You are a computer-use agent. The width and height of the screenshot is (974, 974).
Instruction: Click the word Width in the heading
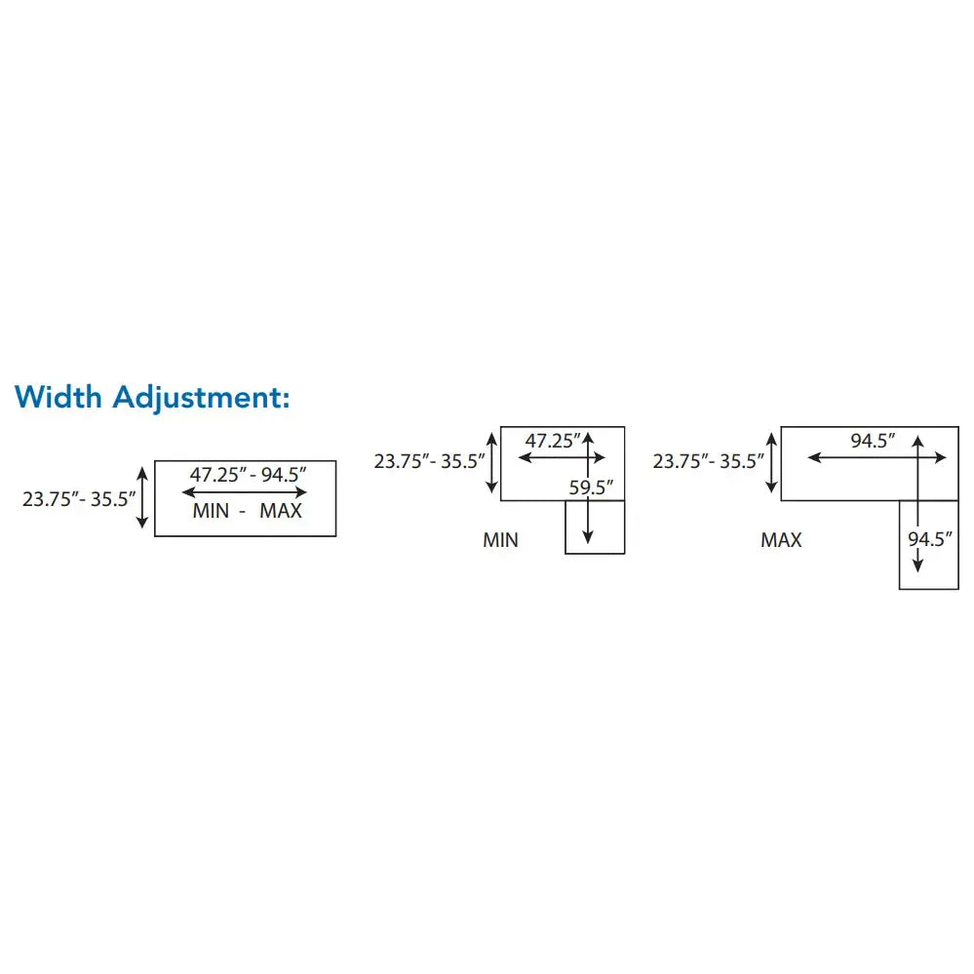[58, 396]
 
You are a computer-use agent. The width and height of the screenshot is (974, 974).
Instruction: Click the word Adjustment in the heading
[201, 398]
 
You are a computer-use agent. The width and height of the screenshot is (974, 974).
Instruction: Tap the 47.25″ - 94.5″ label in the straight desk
[248, 475]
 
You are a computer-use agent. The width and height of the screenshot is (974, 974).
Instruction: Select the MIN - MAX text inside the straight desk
[248, 511]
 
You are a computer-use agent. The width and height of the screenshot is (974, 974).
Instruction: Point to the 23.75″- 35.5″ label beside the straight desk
[79, 499]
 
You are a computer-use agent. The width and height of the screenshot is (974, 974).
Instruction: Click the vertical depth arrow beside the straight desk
[142, 498]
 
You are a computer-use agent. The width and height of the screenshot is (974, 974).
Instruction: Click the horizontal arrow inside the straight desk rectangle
[244, 492]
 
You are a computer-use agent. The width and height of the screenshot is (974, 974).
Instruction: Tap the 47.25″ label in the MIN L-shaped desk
[552, 441]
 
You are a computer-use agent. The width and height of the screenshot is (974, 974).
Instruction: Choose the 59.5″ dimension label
[591, 487]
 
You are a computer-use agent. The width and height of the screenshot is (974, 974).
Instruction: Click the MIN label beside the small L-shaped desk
[501, 540]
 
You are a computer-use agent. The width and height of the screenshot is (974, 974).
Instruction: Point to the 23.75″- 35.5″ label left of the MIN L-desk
[429, 461]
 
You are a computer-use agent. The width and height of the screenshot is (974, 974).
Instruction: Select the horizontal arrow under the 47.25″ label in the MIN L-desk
[562, 458]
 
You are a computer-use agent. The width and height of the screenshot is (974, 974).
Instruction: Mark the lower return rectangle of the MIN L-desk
[595, 526]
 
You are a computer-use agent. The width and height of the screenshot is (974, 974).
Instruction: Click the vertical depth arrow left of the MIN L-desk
[492, 463]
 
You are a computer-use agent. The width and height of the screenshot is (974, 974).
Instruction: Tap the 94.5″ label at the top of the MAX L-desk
[873, 441]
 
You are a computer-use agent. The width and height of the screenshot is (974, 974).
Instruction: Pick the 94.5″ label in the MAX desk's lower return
[929, 538]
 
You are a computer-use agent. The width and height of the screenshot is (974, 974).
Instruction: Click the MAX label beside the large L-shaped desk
[781, 540]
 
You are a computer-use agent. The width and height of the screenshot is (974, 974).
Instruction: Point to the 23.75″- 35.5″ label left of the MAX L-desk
[708, 461]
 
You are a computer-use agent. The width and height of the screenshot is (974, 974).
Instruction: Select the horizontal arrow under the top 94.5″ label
[877, 458]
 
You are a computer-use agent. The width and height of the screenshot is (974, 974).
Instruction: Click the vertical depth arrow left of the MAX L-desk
[771, 463]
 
